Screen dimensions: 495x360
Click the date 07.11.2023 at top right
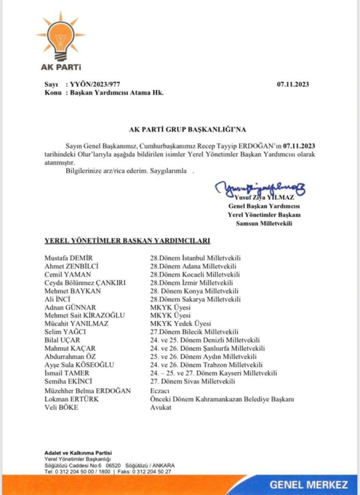293,84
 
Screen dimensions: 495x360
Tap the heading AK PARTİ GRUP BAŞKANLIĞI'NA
181,130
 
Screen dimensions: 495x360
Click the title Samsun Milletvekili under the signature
264,223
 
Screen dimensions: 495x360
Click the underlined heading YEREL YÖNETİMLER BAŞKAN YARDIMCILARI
127,240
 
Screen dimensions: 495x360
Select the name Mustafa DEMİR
68,258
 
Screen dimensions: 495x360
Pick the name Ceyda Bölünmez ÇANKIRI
85,283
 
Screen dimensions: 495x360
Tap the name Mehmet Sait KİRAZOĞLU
84,315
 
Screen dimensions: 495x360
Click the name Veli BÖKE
61,407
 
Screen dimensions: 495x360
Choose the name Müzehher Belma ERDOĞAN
88,390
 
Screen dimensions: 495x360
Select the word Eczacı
160,390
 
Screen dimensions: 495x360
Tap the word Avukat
161,407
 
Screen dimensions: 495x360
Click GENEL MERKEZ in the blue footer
309,484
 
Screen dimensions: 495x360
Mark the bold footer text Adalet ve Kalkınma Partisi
78,453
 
